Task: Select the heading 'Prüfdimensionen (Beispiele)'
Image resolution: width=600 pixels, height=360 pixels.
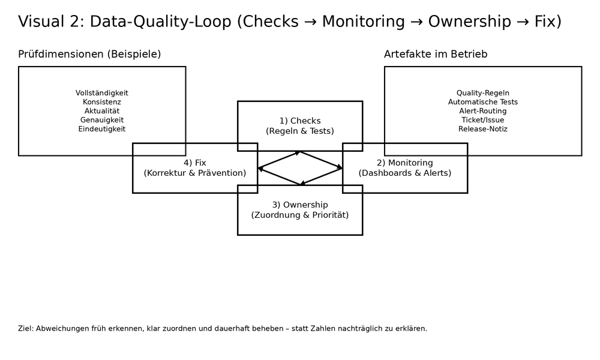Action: coord(89,55)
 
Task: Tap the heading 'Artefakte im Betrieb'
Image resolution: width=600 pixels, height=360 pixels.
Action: coord(436,55)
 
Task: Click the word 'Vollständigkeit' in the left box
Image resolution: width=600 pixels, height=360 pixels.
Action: coord(102,93)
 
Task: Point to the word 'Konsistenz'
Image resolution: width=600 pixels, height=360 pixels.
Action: coord(102,102)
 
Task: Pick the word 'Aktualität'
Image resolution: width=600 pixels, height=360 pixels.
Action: coord(102,111)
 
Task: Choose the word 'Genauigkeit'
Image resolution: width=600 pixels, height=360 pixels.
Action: coord(102,120)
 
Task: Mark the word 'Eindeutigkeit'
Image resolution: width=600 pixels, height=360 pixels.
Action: coord(102,129)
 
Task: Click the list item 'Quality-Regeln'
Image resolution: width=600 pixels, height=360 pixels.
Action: coord(483,93)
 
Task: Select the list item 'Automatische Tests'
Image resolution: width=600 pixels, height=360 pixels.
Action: coord(483,102)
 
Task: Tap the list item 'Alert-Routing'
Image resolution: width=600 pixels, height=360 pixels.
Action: coord(483,111)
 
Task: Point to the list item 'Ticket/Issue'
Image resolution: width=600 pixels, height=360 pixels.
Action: coord(483,120)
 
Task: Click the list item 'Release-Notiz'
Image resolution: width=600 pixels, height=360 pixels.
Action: coord(483,129)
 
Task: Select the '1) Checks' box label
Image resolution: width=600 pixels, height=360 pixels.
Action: coord(300,121)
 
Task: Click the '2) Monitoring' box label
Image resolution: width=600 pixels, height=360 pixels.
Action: coord(405,163)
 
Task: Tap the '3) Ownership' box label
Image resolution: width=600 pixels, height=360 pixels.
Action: coord(300,205)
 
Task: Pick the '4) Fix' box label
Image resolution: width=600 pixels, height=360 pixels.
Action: coord(195,163)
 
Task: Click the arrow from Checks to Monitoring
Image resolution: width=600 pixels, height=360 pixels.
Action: coord(322,160)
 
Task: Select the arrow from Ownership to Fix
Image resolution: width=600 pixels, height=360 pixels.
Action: coord(278,176)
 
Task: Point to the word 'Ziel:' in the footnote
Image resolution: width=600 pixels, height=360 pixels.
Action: coord(26,329)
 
